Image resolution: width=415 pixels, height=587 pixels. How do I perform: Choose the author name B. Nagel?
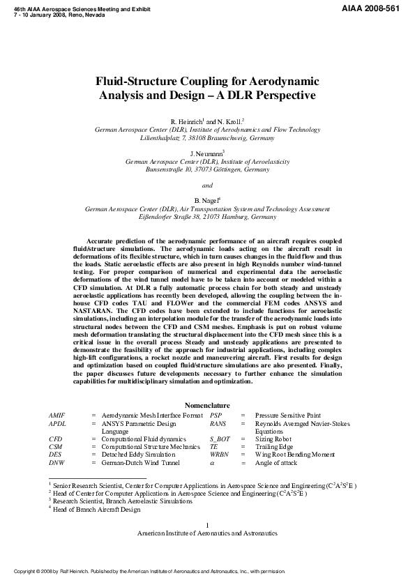(x=207, y=201)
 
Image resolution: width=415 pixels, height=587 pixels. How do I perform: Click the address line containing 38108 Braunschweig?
(x=207, y=138)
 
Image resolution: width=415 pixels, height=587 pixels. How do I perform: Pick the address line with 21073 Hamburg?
(x=207, y=218)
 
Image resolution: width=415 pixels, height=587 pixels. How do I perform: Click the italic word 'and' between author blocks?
(x=207, y=185)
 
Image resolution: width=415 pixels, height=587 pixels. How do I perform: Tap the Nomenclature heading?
(x=207, y=405)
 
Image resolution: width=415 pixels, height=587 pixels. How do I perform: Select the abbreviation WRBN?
(x=219, y=454)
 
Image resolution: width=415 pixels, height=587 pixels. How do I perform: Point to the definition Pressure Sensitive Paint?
(x=287, y=415)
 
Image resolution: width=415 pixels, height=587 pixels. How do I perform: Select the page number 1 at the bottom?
(x=207, y=524)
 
